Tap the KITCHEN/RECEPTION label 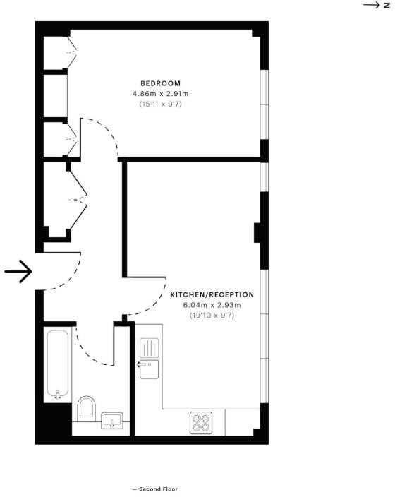pyautogui.click(x=212, y=294)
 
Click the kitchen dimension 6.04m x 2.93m pyautogui.click(x=212, y=305)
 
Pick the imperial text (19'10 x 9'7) pyautogui.click(x=212, y=315)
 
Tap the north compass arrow pyautogui.click(x=372, y=5)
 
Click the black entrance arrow pyautogui.click(x=18, y=271)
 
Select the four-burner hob pyautogui.click(x=200, y=422)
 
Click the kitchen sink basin pyautogui.click(x=149, y=369)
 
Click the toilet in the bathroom pyautogui.click(x=85, y=409)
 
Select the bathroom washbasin pyautogui.click(x=112, y=421)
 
